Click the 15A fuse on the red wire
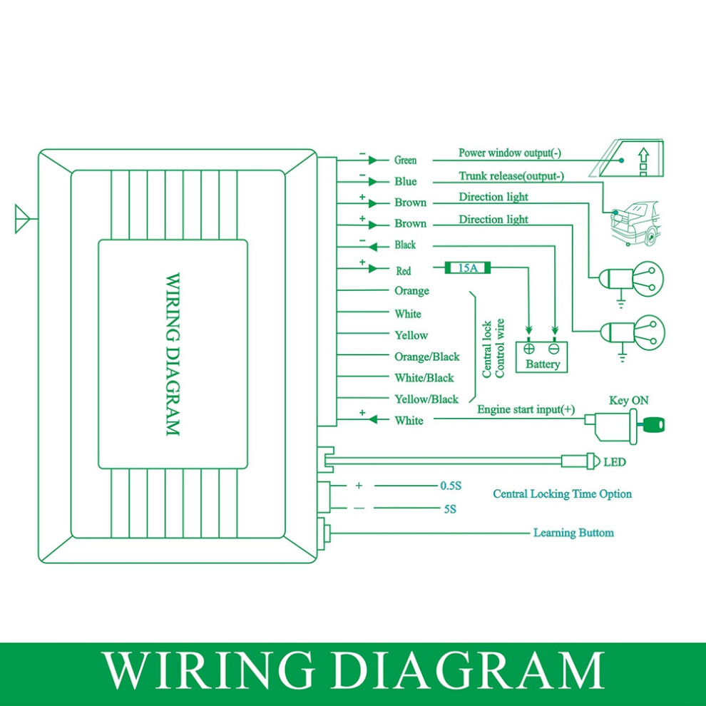tap(467, 268)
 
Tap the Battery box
tap(542, 357)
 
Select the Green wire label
tap(405, 160)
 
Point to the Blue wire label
tap(405, 181)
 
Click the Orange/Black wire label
tap(427, 357)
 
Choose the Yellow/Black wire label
tap(426, 399)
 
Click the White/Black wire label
tap(424, 378)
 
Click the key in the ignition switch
tap(652, 424)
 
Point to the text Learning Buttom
tap(573, 533)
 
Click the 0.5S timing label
tap(451, 486)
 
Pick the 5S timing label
tap(450, 509)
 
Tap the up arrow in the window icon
tap(644, 155)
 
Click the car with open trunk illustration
tap(635, 223)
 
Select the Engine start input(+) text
tap(526, 409)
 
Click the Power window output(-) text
tap(510, 153)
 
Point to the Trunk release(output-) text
tap(511, 176)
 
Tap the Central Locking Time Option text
tap(563, 494)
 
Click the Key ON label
tap(628, 400)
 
